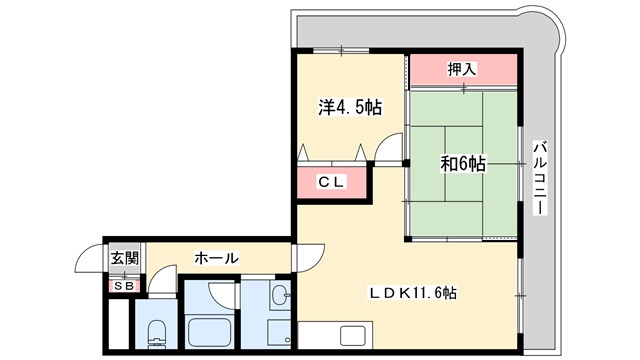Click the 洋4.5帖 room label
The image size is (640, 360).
coord(350,108)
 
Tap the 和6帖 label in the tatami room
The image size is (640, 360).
coord(463,164)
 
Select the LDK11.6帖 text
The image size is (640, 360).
coord(413,293)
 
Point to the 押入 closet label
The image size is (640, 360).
coord(462,69)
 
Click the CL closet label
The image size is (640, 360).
coord(332,182)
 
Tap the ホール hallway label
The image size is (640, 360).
coord(216,258)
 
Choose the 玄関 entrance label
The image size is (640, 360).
coord(125,258)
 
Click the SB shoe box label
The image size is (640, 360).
coord(124,286)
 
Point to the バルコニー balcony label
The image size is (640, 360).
coord(540,178)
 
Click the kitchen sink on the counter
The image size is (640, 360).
coord(353,336)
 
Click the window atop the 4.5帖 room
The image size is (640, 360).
coord(341,51)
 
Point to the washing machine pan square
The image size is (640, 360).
coord(279,332)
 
